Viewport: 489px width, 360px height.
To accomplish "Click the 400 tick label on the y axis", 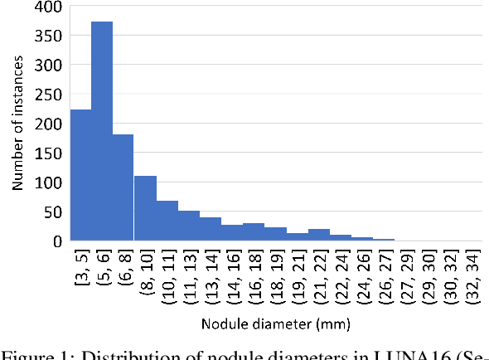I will [49, 8].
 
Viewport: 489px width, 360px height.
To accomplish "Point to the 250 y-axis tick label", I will [49, 94].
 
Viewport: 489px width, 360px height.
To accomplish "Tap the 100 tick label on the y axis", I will [49, 182].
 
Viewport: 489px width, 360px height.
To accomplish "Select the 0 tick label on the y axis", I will [57, 241].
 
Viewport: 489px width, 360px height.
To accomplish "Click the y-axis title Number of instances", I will [17, 124].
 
